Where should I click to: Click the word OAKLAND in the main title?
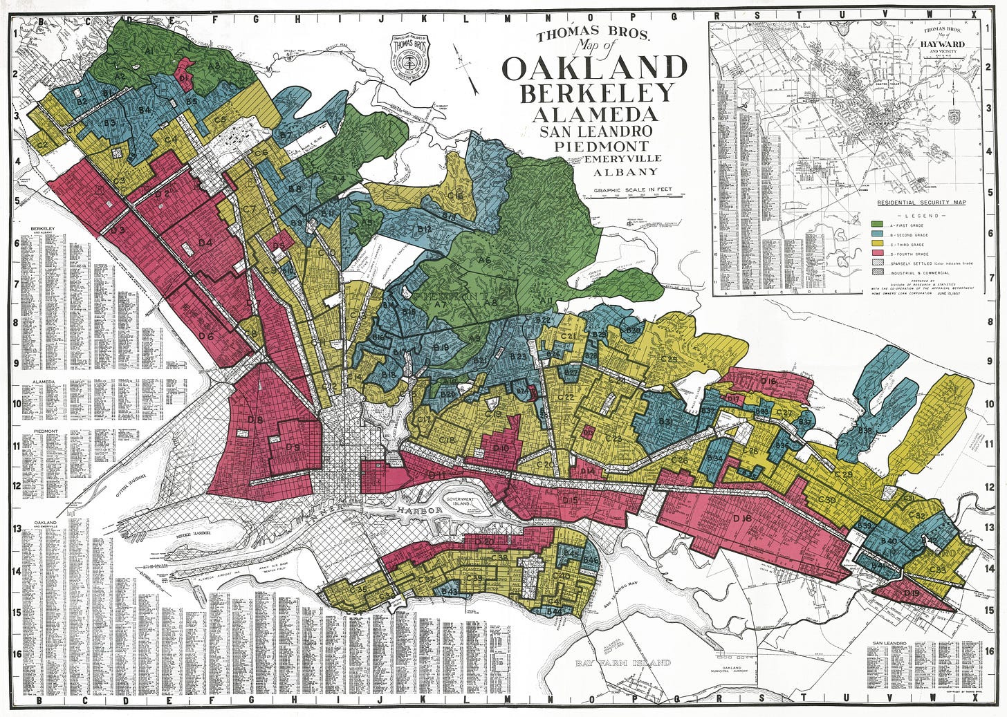pyautogui.click(x=595, y=68)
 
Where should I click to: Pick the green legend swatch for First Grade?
pyautogui.click(x=876, y=225)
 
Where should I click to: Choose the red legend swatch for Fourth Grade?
pyautogui.click(x=876, y=254)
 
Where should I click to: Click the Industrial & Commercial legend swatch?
pyautogui.click(x=876, y=274)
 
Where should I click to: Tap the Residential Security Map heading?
pyautogui.click(x=921, y=203)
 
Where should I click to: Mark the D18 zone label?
pyautogui.click(x=742, y=519)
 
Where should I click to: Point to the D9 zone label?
pyautogui.click(x=293, y=447)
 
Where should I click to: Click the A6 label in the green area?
pyautogui.click(x=484, y=259)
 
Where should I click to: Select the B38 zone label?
pyautogui.click(x=865, y=431)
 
